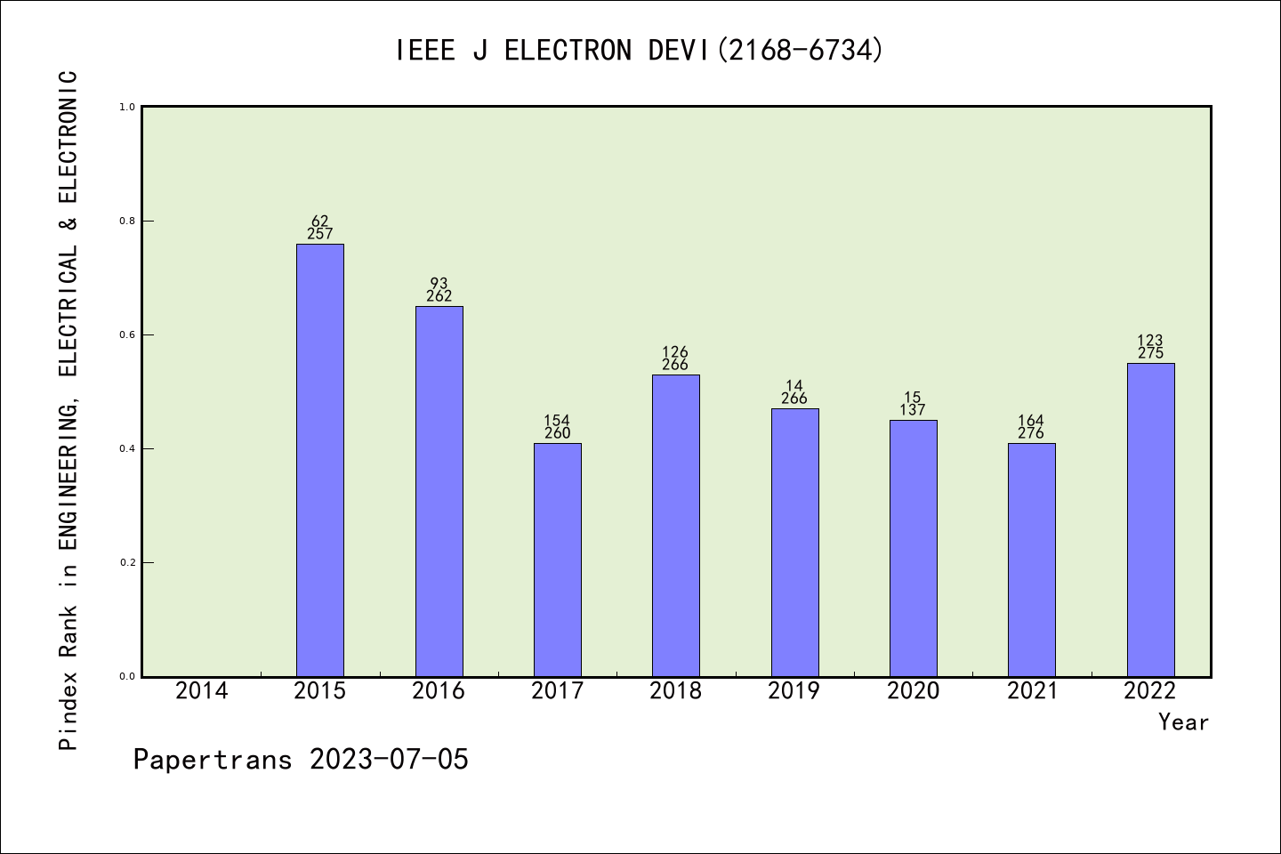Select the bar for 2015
(319, 460)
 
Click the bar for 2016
(439, 491)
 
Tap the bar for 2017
(557, 560)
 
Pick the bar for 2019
(794, 543)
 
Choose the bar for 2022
(1150, 520)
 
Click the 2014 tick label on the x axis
(202, 691)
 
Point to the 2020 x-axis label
(913, 691)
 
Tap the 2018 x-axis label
(676, 691)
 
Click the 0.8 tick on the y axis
(126, 221)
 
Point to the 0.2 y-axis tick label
(126, 562)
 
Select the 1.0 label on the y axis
(126, 107)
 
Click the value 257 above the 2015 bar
(319, 234)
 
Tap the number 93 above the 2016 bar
(439, 284)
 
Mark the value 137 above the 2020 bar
(913, 410)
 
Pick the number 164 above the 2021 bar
(1031, 421)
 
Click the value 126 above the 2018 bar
(675, 352)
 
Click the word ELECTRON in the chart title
(568, 51)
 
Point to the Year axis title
(1183, 722)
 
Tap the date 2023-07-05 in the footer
(389, 760)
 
